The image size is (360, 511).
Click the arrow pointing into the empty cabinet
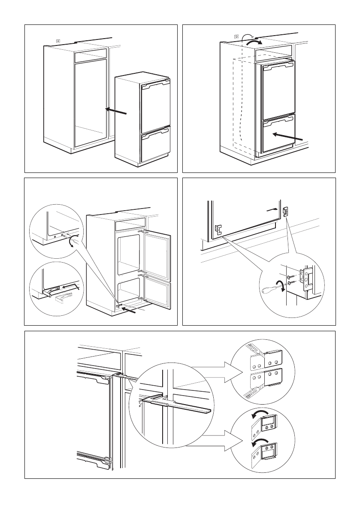pos(117,112)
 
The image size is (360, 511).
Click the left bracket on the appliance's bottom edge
pos(218,230)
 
